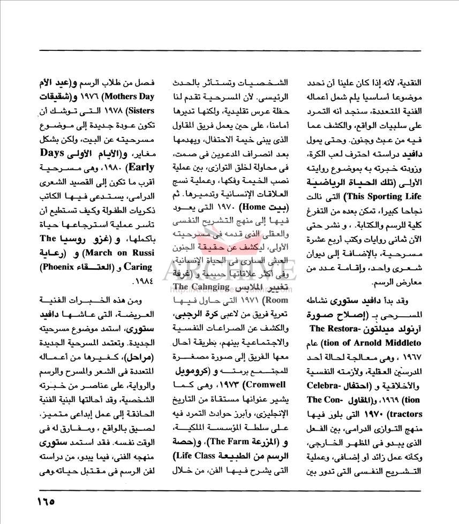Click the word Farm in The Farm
tap(216, 442)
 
